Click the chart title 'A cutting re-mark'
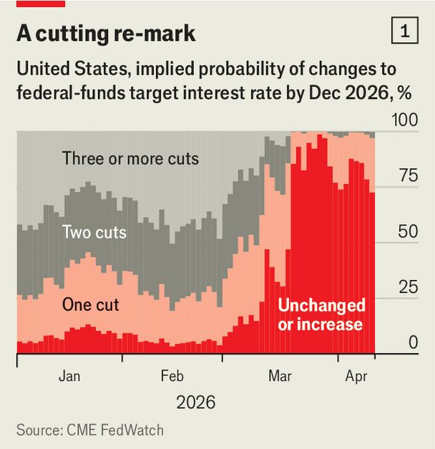(x=106, y=34)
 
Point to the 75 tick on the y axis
(x=407, y=176)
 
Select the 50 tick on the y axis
(x=407, y=232)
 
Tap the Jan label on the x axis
(x=69, y=376)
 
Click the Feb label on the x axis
(x=172, y=376)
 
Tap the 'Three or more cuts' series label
(x=130, y=158)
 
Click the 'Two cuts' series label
(x=94, y=232)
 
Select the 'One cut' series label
(x=90, y=304)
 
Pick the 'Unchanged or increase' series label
(x=321, y=315)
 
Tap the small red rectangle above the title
(x=41, y=4)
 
